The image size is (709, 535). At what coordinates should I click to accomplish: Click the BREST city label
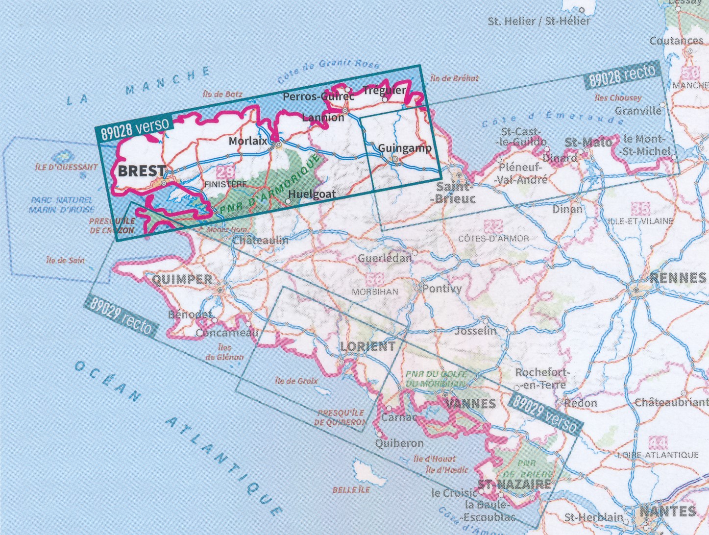pyautogui.click(x=142, y=171)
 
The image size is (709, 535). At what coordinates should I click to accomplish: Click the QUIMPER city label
pyautogui.click(x=182, y=280)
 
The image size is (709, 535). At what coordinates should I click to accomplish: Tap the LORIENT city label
pyautogui.click(x=367, y=346)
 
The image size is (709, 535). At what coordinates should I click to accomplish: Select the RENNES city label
pyautogui.click(x=678, y=278)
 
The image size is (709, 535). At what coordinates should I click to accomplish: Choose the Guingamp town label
pyautogui.click(x=405, y=148)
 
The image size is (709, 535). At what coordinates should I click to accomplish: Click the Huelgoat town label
pyautogui.click(x=312, y=194)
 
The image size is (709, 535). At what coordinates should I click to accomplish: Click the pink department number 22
pyautogui.click(x=493, y=227)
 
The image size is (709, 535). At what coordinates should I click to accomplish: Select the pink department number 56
pyautogui.click(x=375, y=280)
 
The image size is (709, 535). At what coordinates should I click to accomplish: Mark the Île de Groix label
pyautogui.click(x=296, y=381)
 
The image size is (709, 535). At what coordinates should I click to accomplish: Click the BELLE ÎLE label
pyautogui.click(x=351, y=489)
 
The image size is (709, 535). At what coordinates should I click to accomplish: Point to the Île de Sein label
pyautogui.click(x=65, y=261)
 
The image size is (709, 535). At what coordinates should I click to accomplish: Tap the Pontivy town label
pyautogui.click(x=441, y=289)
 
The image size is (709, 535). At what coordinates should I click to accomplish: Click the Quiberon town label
pyautogui.click(x=399, y=443)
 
